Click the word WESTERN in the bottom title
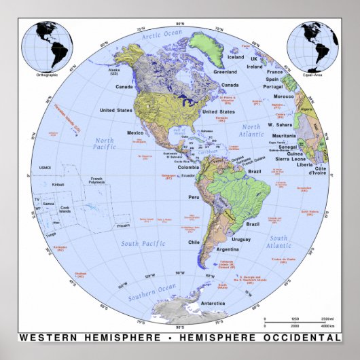47,337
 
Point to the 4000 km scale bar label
329,328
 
